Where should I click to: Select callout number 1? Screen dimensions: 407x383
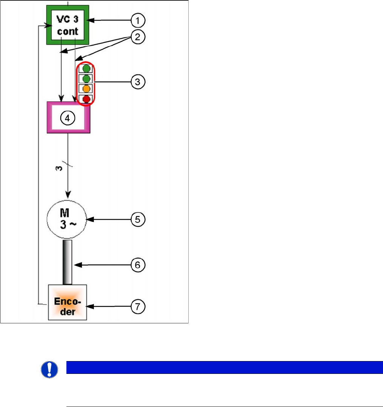pos(138,20)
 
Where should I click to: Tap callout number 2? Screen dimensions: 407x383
pos(138,37)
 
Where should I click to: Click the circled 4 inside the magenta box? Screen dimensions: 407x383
pos(67,118)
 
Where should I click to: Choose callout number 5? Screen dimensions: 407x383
pos(138,219)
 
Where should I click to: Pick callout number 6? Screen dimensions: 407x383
pos(138,265)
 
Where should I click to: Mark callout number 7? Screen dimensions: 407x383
pos(138,307)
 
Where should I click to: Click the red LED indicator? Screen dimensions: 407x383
pos(86,99)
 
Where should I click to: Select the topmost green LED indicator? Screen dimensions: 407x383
pos(86,69)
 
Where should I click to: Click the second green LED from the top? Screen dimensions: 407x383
pos(86,79)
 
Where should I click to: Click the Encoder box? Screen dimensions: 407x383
pos(68,302)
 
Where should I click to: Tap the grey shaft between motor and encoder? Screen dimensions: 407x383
pos(67,262)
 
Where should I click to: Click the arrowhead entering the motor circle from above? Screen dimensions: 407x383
pos(68,195)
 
